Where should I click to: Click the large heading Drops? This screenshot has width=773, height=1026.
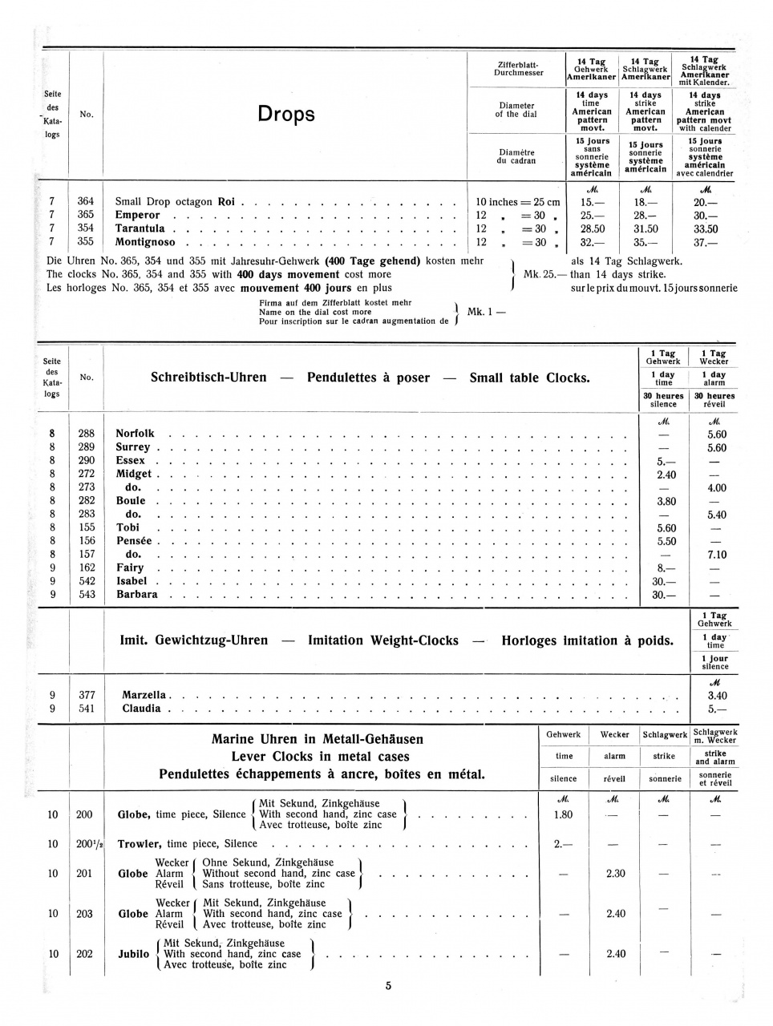285,115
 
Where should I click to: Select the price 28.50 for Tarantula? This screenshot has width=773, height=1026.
592,228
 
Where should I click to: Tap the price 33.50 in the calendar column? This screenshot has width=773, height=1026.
705,228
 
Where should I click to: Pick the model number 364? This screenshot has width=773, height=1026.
86,202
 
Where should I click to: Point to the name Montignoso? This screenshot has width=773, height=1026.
146,242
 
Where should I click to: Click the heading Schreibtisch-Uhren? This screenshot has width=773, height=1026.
208,377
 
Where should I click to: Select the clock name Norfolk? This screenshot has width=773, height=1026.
135,434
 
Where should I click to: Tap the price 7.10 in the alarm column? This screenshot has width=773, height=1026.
716,555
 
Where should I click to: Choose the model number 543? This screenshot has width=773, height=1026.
86,595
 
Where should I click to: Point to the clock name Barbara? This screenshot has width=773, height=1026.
136,595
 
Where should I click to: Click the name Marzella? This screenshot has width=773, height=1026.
144,695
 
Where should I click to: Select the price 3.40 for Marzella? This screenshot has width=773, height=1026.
717,696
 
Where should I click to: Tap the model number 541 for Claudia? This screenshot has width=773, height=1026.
86,709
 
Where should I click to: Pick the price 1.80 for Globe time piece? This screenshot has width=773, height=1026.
563,814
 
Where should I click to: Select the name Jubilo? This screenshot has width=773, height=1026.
134,954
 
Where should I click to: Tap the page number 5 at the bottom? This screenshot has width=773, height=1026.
388,987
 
